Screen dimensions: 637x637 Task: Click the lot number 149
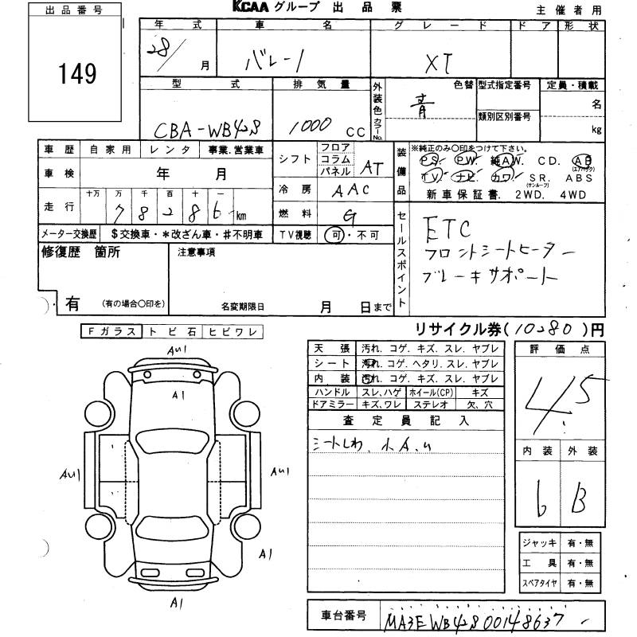[77, 74]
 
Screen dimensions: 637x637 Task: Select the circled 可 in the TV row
[335, 234]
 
